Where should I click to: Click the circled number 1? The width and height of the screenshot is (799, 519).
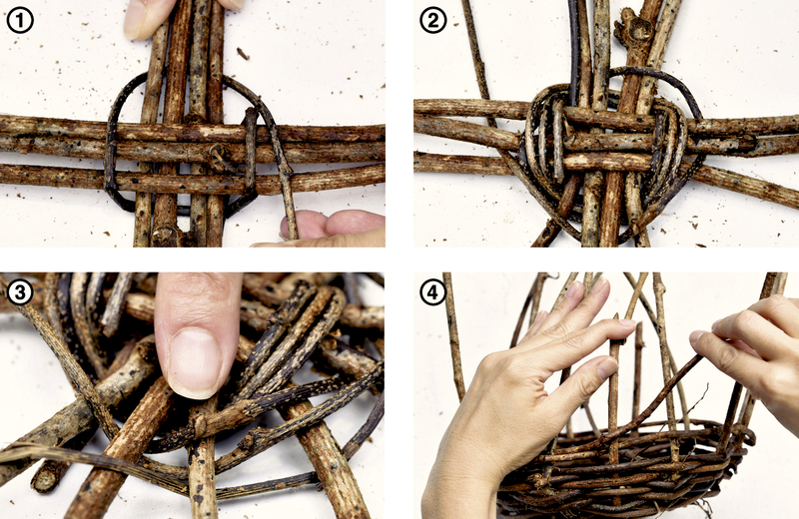[20, 21]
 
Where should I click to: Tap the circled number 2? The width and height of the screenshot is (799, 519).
[433, 21]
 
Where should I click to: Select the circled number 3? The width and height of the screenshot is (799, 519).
[20, 293]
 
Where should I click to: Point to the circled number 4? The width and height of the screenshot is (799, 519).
[433, 293]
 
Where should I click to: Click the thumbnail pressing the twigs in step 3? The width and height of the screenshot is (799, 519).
[195, 361]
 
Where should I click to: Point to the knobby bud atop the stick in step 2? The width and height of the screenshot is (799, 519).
[633, 28]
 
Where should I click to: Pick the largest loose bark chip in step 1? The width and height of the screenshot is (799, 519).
[243, 53]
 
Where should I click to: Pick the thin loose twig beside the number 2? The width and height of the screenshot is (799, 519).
[477, 51]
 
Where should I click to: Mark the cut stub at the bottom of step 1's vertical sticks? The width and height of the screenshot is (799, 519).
[164, 236]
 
